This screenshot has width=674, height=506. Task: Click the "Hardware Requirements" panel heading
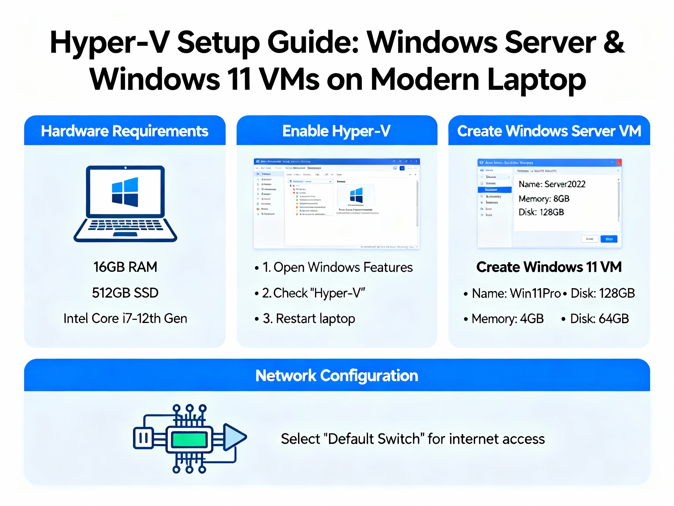click(x=125, y=131)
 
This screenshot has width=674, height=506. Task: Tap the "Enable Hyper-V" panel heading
click(x=336, y=131)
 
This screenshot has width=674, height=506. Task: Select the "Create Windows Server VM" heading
click(x=549, y=131)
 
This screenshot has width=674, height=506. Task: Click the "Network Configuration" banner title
click(x=337, y=375)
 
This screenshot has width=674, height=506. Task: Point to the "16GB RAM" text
click(x=125, y=267)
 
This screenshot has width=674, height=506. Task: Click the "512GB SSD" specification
click(x=125, y=293)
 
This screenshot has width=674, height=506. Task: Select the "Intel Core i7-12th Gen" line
click(x=125, y=318)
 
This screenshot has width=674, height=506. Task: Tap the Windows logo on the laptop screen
click(x=125, y=192)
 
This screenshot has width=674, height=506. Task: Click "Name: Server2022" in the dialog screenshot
click(x=552, y=184)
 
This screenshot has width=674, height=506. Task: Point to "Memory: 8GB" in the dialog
click(x=544, y=199)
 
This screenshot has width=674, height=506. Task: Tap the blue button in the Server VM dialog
click(x=609, y=239)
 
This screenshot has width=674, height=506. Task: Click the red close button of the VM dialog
click(x=619, y=162)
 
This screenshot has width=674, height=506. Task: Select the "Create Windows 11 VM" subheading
click(x=549, y=267)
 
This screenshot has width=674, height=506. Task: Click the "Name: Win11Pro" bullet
click(x=516, y=293)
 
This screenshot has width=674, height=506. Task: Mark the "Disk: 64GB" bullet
click(x=599, y=319)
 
